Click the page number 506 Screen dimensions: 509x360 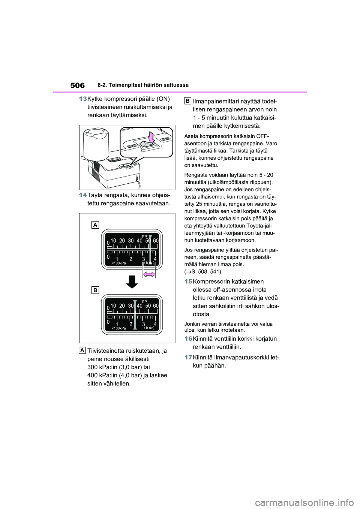tap(77, 85)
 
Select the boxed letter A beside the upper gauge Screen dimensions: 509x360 tap(95, 225)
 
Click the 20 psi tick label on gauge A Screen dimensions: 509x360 tap(122, 241)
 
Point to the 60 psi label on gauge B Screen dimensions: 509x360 tap(156, 306)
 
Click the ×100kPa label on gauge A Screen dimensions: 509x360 tap(118, 263)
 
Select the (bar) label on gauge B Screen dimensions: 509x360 tap(149, 328)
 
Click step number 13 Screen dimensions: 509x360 tap(82, 99)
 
